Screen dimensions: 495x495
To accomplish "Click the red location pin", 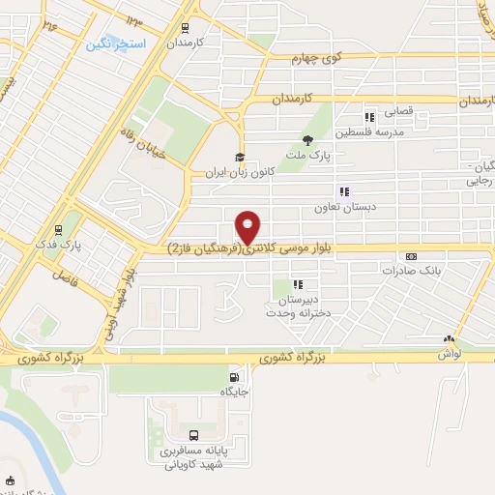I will click(249, 226).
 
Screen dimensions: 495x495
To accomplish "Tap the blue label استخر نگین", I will click(116, 44).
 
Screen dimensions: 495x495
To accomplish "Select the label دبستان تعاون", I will click(337, 207).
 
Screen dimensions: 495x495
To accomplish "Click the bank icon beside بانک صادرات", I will click(413, 257).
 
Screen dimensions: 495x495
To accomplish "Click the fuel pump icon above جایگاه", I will click(233, 377).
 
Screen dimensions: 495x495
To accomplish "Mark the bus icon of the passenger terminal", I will click(193, 436).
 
